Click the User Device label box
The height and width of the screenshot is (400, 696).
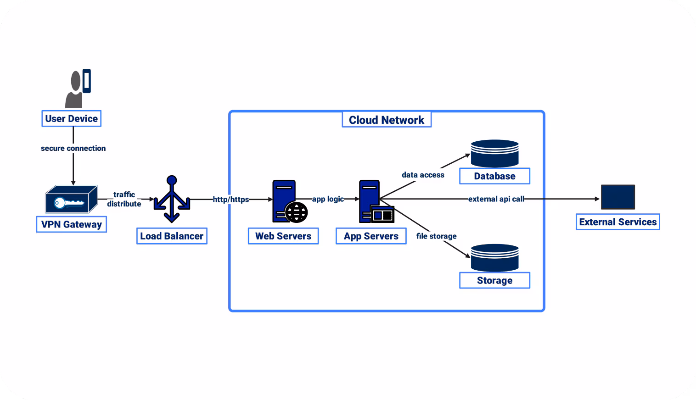pos(71,118)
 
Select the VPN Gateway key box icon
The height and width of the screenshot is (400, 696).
pos(71,200)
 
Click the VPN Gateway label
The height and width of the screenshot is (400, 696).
pos(71,224)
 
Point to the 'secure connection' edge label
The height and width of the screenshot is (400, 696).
pos(73,148)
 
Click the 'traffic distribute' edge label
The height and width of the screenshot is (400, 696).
pos(124,199)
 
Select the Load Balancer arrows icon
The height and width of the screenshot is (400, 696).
pos(172,199)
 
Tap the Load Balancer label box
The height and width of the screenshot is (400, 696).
pos(172,236)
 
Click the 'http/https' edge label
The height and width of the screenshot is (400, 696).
pos(230,199)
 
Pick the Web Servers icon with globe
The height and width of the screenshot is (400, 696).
pos(289,201)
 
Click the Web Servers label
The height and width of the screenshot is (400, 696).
pos(283,236)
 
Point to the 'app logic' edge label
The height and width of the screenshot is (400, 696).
pos(328,199)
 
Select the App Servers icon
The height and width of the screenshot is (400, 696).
pos(376,201)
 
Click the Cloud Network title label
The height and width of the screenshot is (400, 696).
pos(387,120)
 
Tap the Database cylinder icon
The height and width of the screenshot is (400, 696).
pos(494,153)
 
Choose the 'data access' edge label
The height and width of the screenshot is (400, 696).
pos(423,174)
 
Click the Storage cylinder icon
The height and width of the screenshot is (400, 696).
pos(494,258)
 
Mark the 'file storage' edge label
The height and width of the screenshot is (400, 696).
pos(436,236)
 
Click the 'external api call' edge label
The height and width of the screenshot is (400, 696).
pos(496,199)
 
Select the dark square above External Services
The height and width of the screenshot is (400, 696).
pos(617,197)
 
